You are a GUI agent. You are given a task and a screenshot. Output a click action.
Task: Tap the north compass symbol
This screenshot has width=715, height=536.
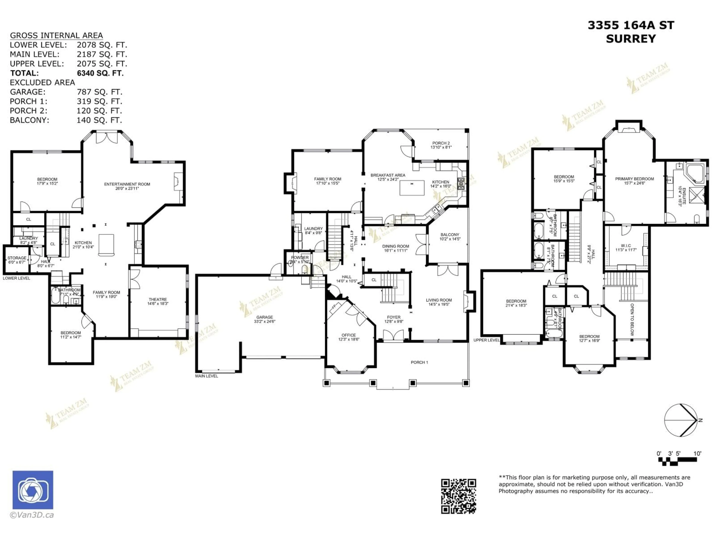point(680,420)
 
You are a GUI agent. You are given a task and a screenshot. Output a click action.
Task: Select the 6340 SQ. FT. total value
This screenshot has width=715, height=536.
point(100,73)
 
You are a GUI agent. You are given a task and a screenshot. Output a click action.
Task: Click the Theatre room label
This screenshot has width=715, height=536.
point(158,301)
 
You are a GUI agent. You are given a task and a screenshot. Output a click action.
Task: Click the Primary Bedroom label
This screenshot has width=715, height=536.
point(634,181)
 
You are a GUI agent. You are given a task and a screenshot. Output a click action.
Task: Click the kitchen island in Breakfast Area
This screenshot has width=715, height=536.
point(412,188)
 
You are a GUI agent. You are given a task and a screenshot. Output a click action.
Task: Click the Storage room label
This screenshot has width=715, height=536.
point(17,260)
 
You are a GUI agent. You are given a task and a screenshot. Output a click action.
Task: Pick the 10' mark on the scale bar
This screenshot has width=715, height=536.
point(697,454)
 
